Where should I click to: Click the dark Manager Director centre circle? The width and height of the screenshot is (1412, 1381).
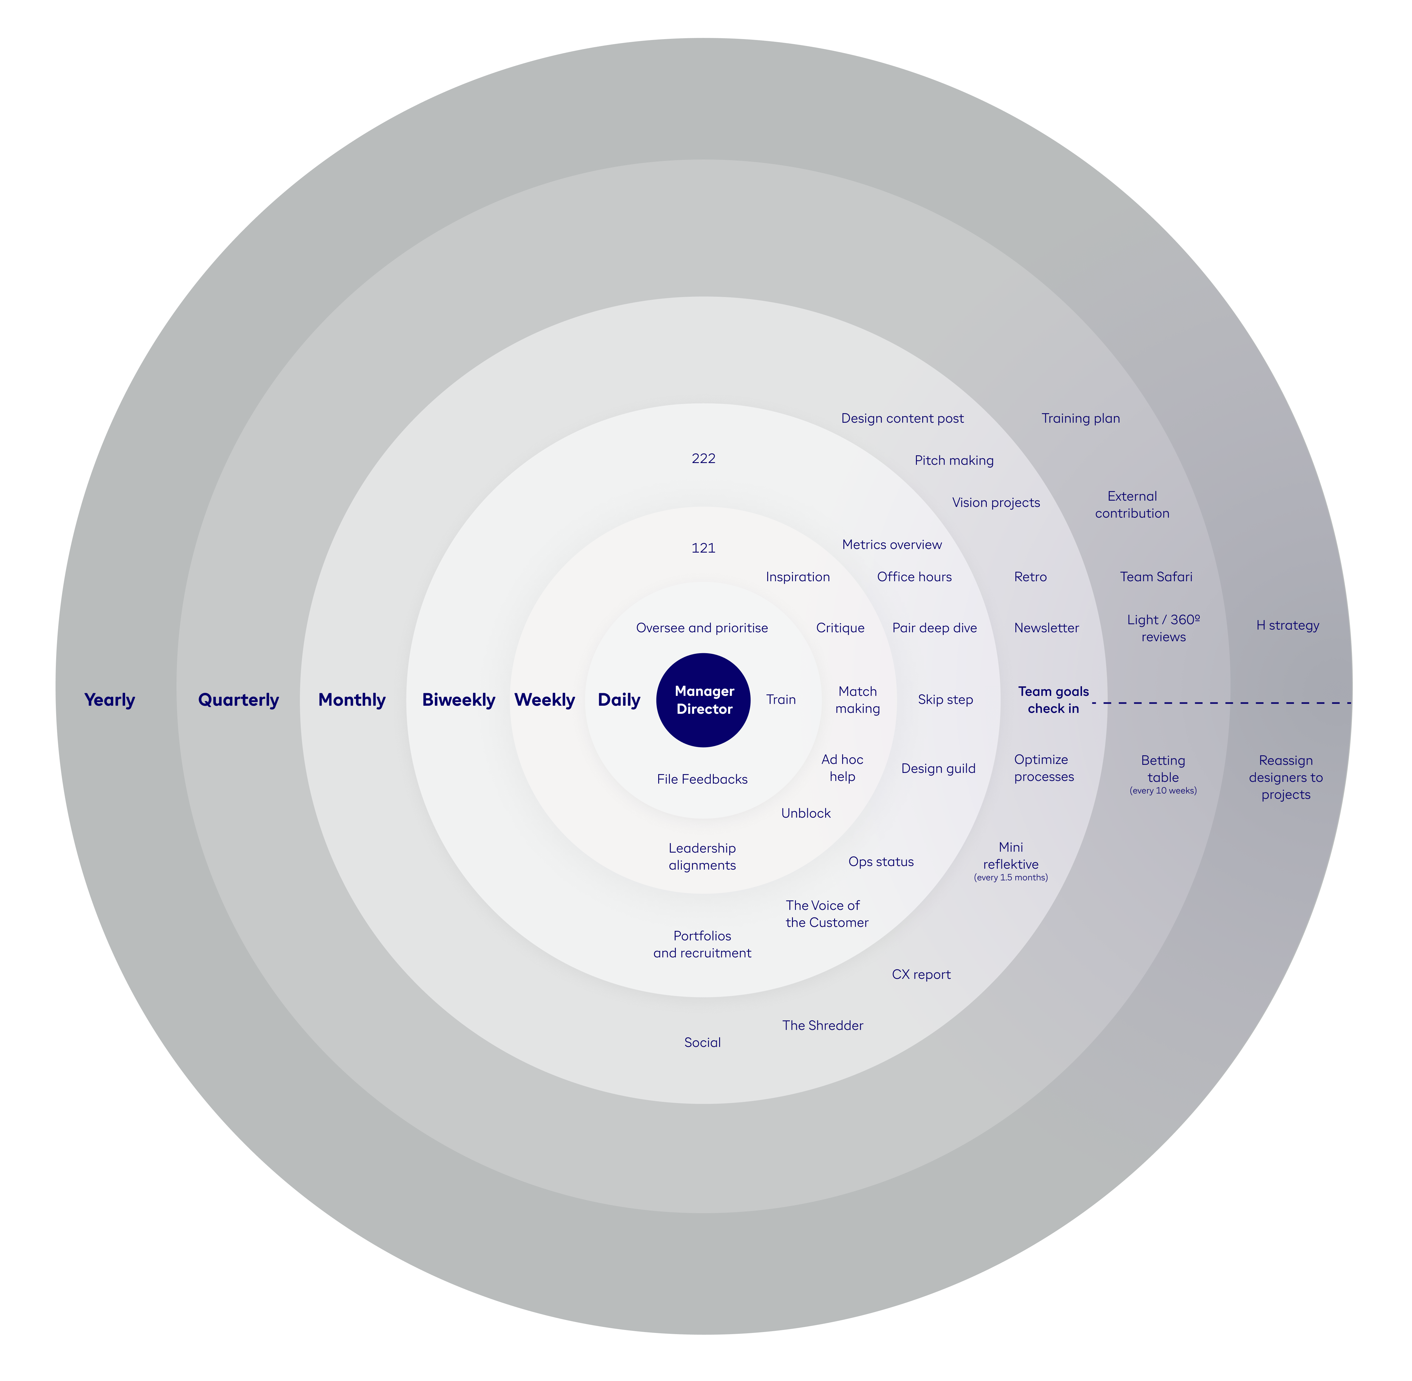(703, 700)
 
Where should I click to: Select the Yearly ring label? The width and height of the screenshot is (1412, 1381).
(110, 700)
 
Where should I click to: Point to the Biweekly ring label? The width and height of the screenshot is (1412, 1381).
(459, 700)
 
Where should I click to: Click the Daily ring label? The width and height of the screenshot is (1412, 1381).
(619, 700)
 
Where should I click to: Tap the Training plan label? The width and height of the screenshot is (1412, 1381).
(1081, 419)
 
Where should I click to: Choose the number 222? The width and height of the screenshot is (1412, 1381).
(703, 459)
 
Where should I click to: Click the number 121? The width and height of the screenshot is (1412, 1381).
(703, 548)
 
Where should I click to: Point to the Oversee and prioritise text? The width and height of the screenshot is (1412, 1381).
(702, 628)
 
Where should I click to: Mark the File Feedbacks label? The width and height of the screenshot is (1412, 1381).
(702, 779)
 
